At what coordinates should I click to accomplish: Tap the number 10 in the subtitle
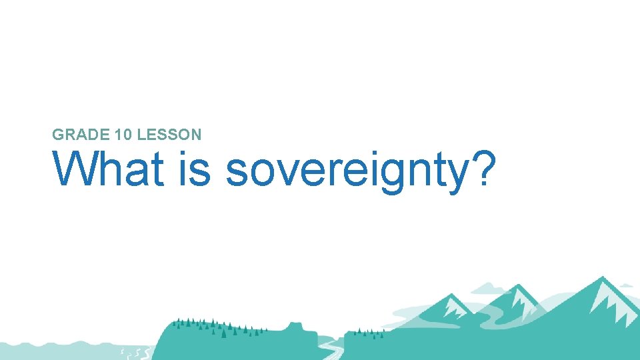[x=122, y=135]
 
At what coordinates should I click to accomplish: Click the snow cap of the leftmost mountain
[x=455, y=307]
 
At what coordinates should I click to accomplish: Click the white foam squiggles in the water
[x=133, y=351]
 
